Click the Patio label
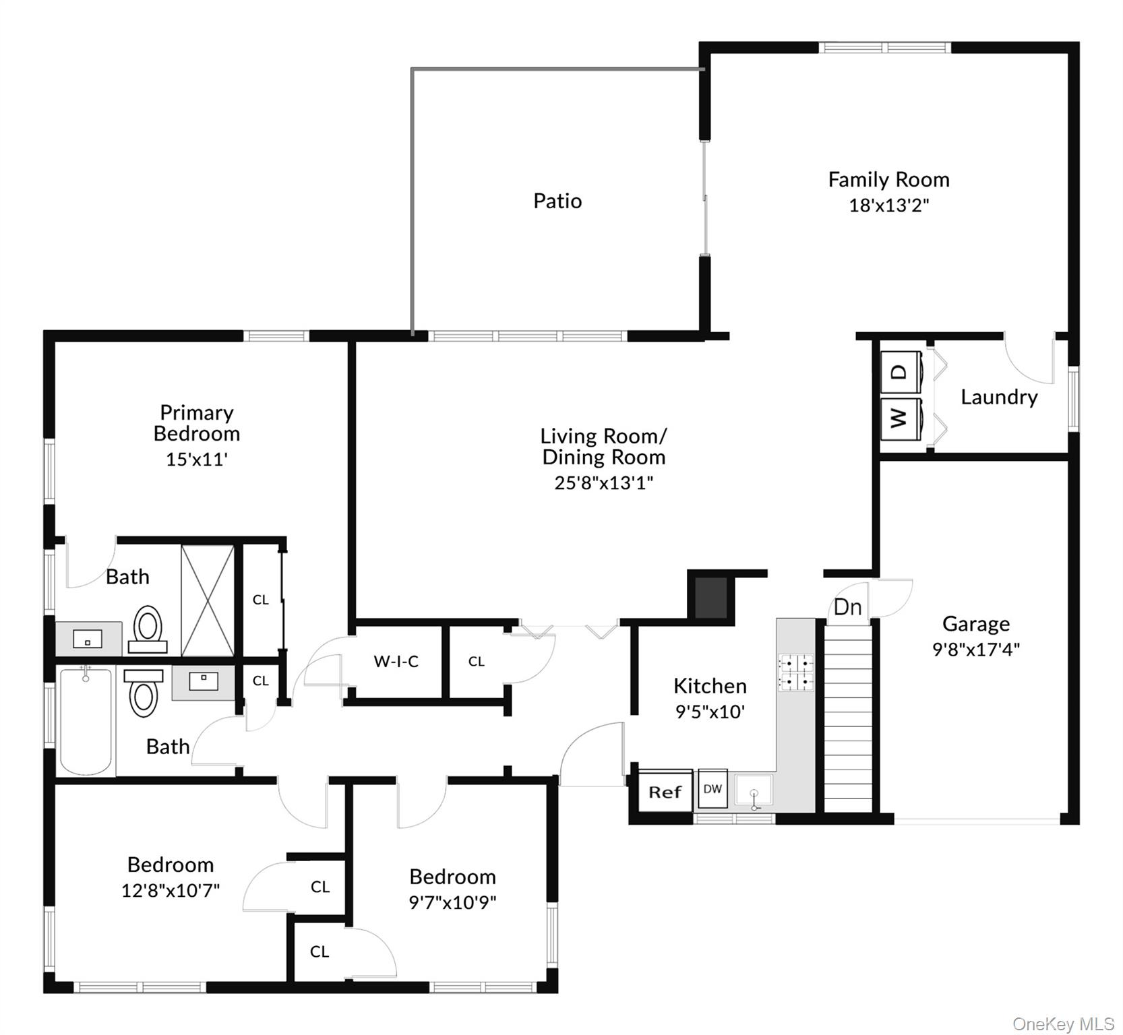click(557, 201)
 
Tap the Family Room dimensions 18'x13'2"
click(888, 206)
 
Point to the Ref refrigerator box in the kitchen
click(665, 792)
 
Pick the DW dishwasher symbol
click(712, 788)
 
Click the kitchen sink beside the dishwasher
click(754, 791)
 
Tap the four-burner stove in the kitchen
click(796, 672)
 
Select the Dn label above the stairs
click(847, 607)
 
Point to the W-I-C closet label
click(396, 662)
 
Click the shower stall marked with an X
click(208, 600)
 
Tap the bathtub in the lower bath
click(86, 721)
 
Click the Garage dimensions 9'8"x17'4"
click(975, 650)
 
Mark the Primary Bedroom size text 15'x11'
click(197, 460)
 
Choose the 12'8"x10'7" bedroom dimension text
click(171, 890)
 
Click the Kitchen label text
click(710, 686)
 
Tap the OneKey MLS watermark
click(1063, 1024)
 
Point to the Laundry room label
click(999, 397)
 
